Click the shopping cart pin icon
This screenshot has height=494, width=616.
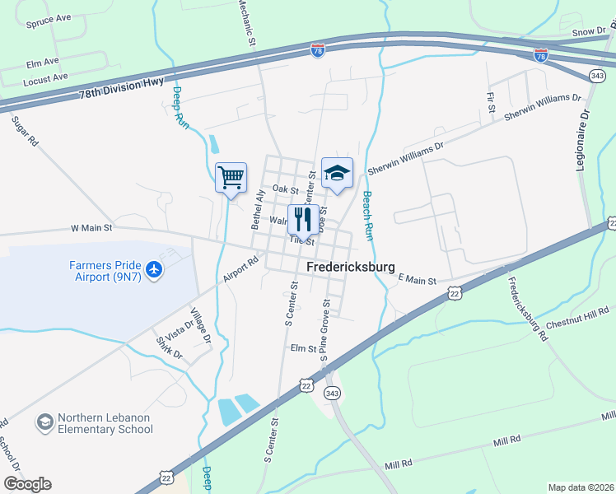(x=231, y=177)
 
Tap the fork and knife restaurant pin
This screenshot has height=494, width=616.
(x=302, y=220)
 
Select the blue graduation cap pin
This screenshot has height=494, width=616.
(x=337, y=173)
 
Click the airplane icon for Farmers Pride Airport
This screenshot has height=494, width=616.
(x=153, y=269)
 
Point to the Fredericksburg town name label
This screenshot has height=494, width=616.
(x=351, y=268)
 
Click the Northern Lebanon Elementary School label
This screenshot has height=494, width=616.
(x=105, y=423)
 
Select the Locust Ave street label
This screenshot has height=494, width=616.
(x=46, y=80)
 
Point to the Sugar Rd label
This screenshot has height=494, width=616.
(x=25, y=131)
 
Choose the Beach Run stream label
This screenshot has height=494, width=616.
(x=368, y=216)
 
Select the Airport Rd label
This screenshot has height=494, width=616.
(x=240, y=268)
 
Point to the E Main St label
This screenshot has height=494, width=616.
(x=417, y=281)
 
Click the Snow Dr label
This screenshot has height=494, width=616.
(x=589, y=31)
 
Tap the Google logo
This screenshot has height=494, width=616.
(x=27, y=484)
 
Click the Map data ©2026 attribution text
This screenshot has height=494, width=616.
(x=581, y=487)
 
